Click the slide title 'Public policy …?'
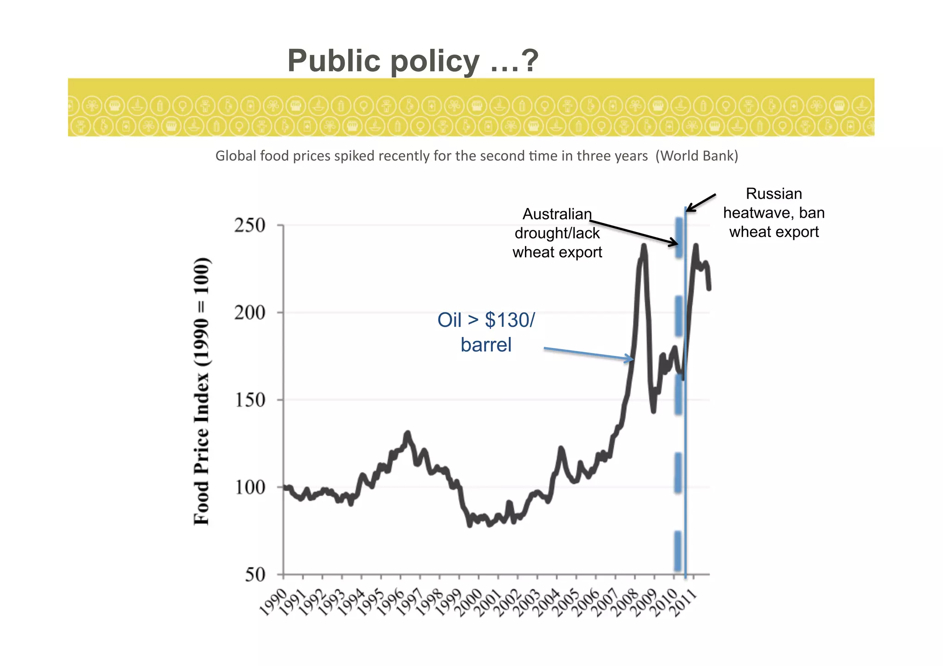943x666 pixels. [x=413, y=61]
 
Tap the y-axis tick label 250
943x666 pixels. [x=250, y=226]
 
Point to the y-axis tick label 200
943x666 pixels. [x=250, y=313]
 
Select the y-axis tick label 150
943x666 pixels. [x=250, y=400]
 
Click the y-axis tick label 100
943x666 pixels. [x=250, y=487]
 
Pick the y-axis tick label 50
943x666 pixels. [x=255, y=574]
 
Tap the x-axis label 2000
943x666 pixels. [x=468, y=602]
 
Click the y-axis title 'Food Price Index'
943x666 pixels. [x=202, y=391]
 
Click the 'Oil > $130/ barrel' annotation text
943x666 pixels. [x=486, y=332]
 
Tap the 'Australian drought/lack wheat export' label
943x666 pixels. [x=557, y=233]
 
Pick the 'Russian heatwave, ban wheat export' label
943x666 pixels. [x=774, y=213]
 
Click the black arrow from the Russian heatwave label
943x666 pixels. [x=701, y=203]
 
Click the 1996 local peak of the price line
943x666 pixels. [x=407, y=433]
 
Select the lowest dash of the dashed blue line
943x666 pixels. [x=678, y=551]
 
